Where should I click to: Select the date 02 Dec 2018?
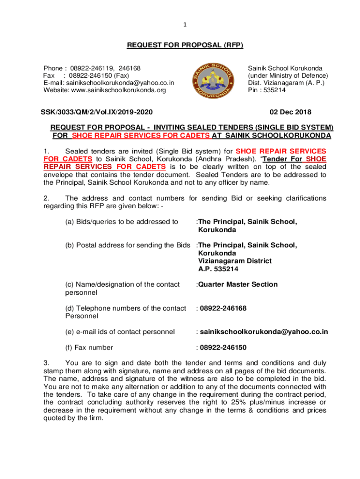pyautogui.click(x=289, y=112)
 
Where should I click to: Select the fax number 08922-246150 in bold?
pyautogui.click(x=223, y=348)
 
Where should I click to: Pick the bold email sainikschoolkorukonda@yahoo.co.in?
pyautogui.click(x=264, y=332)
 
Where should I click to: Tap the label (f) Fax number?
pyautogui.click(x=89, y=348)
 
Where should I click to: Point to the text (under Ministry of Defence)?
pyautogui.click(x=288, y=75)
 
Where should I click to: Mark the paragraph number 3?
pyautogui.click(x=45, y=363)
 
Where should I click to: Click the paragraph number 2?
pyautogui.click(x=45, y=198)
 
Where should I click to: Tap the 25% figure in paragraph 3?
pyautogui.click(x=249, y=403)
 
